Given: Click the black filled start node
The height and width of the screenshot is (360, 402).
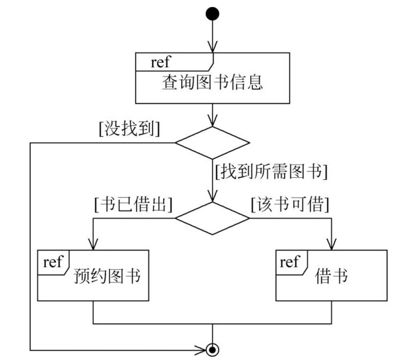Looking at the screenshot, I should pos(213,14).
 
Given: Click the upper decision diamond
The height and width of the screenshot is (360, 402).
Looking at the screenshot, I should pos(213,143).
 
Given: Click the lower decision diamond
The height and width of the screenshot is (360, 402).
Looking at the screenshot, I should pos(213,218).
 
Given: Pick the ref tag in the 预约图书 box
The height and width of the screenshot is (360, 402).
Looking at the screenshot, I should pos(53,262).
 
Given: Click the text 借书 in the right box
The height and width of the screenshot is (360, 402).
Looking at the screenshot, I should pos(331,276).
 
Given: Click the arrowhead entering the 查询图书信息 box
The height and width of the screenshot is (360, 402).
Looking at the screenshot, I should pos(213,47).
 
